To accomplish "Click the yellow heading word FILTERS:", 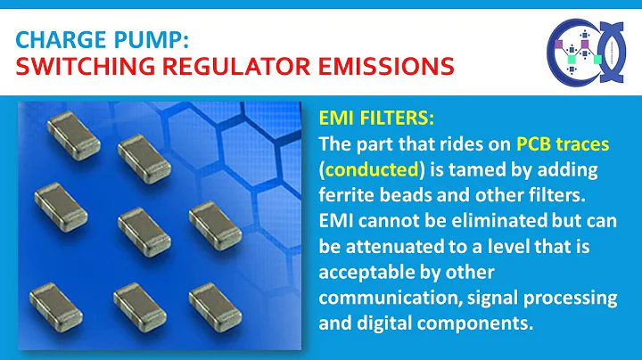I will (399, 119).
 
